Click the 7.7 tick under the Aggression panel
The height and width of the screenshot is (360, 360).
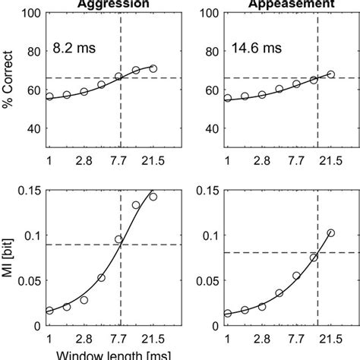point(119,162)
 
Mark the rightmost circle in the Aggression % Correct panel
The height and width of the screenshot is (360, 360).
point(153,68)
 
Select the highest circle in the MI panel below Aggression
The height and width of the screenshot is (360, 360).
point(153,197)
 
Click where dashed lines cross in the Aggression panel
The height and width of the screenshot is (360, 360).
point(119,77)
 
